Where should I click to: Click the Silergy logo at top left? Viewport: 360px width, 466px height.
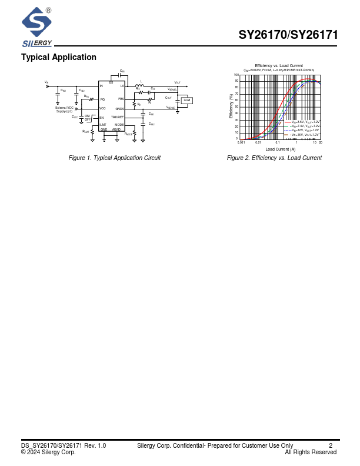coord(36,26)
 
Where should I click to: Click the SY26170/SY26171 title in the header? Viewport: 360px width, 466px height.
coord(288,35)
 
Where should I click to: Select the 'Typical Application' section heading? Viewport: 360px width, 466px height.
coord(59,57)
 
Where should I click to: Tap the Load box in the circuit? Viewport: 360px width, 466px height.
coord(186,101)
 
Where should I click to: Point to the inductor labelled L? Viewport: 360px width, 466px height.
coord(141,86)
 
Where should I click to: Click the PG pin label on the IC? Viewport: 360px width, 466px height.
coord(102,99)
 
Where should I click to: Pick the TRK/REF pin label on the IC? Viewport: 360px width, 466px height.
coord(118,117)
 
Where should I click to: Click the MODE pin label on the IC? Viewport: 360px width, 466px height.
coord(119,125)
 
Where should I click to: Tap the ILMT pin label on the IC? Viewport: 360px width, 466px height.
coord(103,125)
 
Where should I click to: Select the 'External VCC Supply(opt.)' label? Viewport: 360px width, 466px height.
coord(65,109)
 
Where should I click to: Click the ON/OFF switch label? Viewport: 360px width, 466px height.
coord(87,118)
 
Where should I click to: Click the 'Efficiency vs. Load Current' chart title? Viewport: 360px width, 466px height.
coord(279,65)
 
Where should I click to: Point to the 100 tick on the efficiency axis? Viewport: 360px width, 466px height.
coord(236,75)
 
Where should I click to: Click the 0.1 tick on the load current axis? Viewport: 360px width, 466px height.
coord(277,142)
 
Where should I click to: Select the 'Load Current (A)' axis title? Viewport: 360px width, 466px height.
coord(280,149)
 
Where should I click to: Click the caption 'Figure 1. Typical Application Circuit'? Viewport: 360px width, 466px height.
coord(115,158)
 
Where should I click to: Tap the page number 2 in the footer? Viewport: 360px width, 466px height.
coord(331,445)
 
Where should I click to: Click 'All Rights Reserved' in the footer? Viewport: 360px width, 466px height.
coord(311,452)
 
